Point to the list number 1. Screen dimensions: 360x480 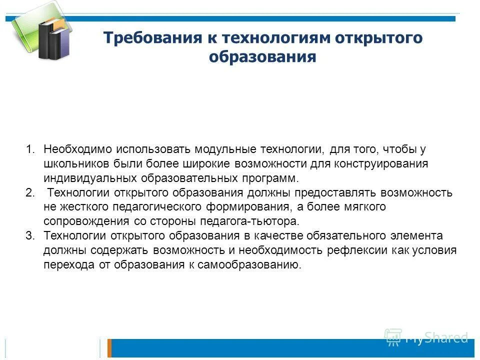pos(30,149)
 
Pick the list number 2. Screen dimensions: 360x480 pos(29,193)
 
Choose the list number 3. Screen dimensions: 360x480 pos(29,236)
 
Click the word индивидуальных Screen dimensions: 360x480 pos(84,178)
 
